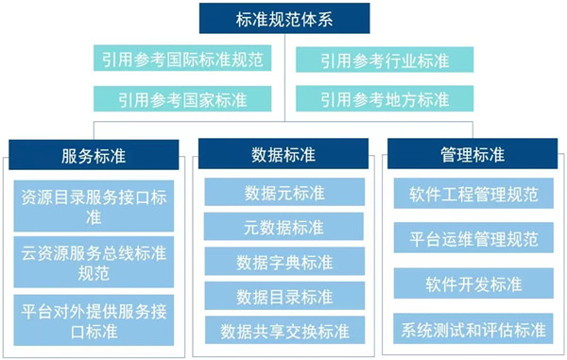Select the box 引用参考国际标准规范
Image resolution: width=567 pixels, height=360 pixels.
click(x=182, y=60)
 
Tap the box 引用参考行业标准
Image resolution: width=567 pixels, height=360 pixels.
click(x=384, y=60)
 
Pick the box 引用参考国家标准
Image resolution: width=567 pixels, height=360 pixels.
click(x=182, y=98)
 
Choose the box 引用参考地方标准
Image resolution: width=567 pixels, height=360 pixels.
click(x=384, y=98)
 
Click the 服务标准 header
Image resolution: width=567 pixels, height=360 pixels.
click(x=94, y=154)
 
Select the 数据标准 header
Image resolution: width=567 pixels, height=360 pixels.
click(x=283, y=154)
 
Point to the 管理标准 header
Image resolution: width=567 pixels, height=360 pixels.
click(x=472, y=154)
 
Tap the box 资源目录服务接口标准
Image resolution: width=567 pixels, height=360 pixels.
click(x=94, y=208)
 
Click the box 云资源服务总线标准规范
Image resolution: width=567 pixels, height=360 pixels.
click(x=94, y=262)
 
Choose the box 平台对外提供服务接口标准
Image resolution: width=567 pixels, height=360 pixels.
click(x=94, y=318)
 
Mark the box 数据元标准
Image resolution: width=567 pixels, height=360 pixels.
click(x=283, y=193)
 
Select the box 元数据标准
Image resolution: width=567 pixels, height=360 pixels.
click(x=283, y=227)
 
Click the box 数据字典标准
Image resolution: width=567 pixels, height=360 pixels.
click(x=283, y=262)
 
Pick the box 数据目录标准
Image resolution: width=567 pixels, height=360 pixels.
click(x=283, y=297)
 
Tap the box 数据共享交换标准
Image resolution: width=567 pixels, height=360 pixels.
click(x=283, y=331)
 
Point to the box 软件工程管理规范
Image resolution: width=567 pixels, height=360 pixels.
click(x=473, y=195)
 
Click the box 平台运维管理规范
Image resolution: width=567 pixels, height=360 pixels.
click(x=473, y=238)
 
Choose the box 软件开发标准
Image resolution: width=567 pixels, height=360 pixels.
click(x=473, y=283)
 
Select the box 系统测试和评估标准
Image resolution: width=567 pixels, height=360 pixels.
click(x=473, y=330)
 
